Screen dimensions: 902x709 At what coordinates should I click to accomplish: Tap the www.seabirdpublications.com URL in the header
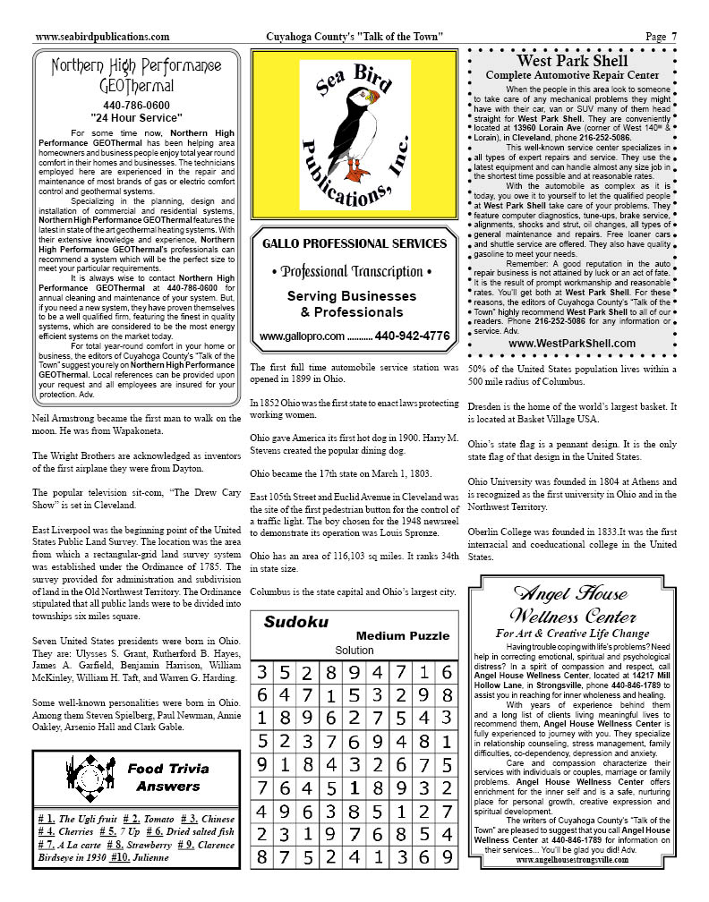click(x=102, y=37)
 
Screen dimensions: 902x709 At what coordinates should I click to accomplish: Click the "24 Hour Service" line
click(x=136, y=117)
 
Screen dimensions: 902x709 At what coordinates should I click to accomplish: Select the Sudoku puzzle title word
click(x=295, y=622)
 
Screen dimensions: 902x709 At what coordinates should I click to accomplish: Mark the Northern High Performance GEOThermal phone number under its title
click(x=136, y=105)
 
